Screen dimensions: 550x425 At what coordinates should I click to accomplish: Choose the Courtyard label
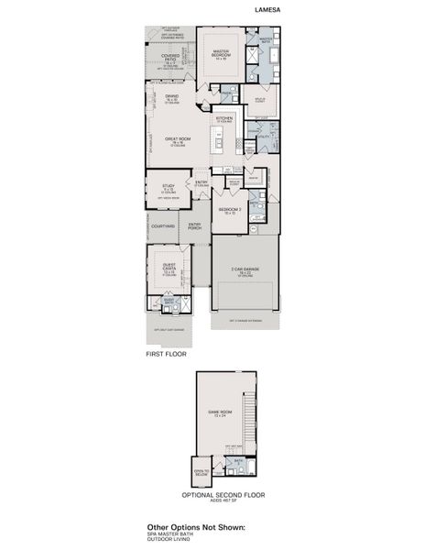pos(162,225)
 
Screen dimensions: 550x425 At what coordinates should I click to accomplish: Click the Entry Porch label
pos(194,225)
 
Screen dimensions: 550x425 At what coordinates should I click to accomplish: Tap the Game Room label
pos(219,413)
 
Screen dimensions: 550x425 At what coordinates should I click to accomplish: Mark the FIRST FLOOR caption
pos(167,353)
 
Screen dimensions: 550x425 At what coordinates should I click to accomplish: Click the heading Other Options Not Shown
pos(202,527)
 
